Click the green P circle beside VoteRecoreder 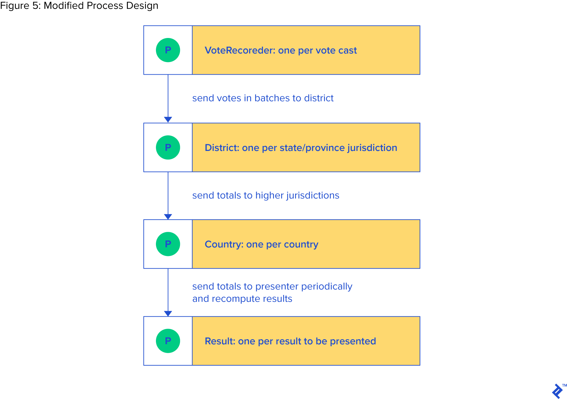tap(168, 50)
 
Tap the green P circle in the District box tap(168, 147)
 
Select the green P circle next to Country tap(168, 244)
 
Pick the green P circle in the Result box tap(168, 341)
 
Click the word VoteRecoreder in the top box tap(240, 50)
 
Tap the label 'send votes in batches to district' tap(263, 98)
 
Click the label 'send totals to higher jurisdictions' tap(265, 196)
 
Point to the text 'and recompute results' tap(242, 299)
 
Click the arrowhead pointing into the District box tap(168, 120)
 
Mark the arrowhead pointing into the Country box tap(168, 217)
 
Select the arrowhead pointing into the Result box tap(168, 313)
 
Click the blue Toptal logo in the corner tap(557, 391)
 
